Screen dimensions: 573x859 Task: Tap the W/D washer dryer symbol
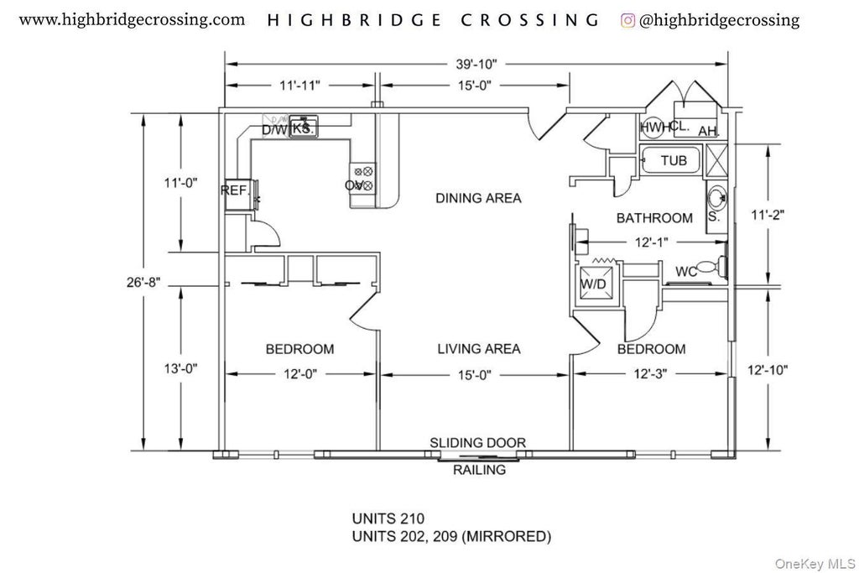click(594, 283)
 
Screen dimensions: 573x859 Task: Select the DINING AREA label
click(478, 199)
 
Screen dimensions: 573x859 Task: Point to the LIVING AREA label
click(478, 349)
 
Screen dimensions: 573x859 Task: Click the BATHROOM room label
click(654, 218)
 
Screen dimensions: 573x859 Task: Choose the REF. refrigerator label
click(235, 190)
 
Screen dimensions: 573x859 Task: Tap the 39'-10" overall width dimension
click(476, 64)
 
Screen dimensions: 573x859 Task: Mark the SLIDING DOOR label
click(477, 442)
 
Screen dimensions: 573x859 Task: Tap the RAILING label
click(479, 470)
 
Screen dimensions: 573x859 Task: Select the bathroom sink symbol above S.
click(716, 198)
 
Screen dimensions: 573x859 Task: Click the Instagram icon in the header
click(627, 20)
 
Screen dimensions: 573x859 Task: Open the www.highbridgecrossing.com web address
click(133, 19)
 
